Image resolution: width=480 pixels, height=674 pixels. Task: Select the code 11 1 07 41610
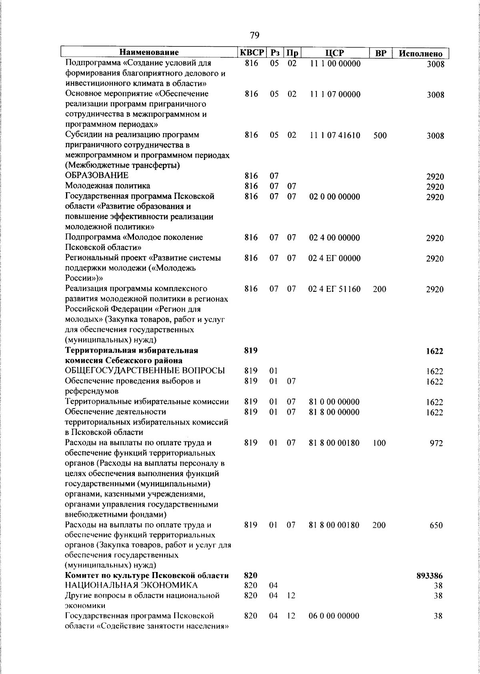pos(335,136)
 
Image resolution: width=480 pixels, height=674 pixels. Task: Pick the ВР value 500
pos(380,136)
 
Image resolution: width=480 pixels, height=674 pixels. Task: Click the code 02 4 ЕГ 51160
pos(335,289)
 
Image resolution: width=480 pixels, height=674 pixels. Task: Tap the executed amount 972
pos(436,443)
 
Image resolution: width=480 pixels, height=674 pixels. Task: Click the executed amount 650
pos(436,525)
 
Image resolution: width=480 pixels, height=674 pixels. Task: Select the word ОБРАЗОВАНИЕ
pos(97,175)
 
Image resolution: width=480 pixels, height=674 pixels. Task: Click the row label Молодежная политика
pos(108,186)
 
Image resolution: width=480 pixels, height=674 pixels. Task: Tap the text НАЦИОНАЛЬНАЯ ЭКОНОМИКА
pos(131,586)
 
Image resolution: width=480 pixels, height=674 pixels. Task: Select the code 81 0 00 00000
pos(334,402)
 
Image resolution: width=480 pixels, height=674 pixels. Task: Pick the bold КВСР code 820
pos(251,576)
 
